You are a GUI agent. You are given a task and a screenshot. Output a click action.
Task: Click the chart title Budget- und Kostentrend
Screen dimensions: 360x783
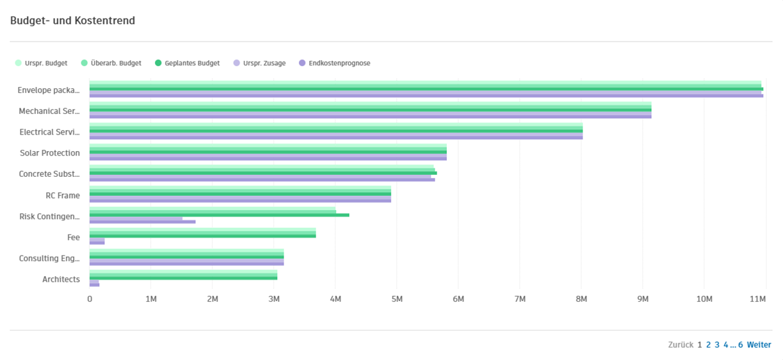(x=72, y=21)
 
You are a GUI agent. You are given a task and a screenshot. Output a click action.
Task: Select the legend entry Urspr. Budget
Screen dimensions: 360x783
(x=45, y=63)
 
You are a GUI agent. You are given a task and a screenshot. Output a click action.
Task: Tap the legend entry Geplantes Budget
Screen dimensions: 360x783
(x=191, y=63)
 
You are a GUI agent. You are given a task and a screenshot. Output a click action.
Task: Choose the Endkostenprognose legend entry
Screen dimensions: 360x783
(x=339, y=63)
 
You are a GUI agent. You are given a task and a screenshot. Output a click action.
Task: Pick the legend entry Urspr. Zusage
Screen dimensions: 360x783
(x=263, y=63)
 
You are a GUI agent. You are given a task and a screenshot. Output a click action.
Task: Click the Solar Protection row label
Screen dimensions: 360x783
(x=50, y=153)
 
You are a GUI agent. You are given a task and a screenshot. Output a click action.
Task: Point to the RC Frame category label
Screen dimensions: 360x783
(x=63, y=195)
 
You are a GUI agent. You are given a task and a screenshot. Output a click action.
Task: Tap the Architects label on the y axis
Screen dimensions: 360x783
(x=61, y=279)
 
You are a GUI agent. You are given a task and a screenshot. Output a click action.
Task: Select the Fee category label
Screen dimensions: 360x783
(x=74, y=238)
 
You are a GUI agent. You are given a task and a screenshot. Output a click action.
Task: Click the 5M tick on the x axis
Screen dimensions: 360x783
(x=396, y=299)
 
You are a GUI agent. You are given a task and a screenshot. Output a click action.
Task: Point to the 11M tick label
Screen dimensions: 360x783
(x=758, y=299)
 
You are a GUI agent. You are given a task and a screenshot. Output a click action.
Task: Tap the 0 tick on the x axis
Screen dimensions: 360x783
(x=90, y=299)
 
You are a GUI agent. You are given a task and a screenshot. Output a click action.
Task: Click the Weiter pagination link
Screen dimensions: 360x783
(x=759, y=345)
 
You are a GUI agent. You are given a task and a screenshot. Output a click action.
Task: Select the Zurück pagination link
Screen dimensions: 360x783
(x=680, y=345)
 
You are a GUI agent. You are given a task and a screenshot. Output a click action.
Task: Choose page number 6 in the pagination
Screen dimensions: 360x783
(x=740, y=345)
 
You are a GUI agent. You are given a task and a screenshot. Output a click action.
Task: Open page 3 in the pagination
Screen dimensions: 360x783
(x=717, y=345)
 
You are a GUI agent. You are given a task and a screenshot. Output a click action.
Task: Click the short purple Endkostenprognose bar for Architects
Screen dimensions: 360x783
(x=94, y=284)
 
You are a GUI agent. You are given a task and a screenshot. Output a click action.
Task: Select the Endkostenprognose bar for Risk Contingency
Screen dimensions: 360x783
(x=142, y=222)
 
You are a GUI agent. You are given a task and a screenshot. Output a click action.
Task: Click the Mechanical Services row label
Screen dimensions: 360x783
(x=49, y=111)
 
